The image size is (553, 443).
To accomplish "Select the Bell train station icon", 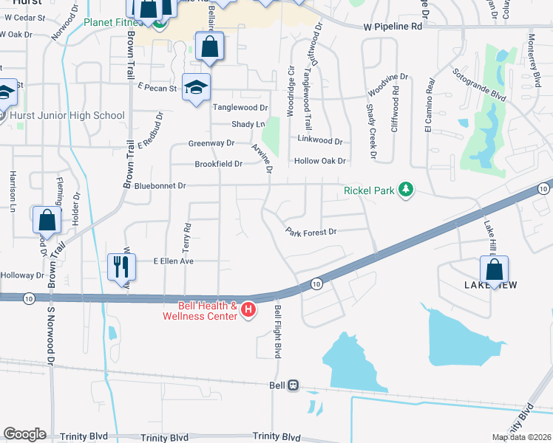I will pyautogui.click(x=294, y=385).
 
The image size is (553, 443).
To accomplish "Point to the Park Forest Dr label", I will pyautogui.click(x=311, y=232).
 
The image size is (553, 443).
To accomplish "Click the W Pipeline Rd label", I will pyautogui.click(x=392, y=27).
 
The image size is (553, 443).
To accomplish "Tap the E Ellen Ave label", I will pyautogui.click(x=173, y=261).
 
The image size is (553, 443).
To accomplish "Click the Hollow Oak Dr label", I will pyautogui.click(x=320, y=160).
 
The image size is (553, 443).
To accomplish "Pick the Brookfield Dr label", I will pyautogui.click(x=218, y=164).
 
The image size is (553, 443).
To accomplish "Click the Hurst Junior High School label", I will pyautogui.click(x=67, y=115).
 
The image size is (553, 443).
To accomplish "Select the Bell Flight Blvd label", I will pyautogui.click(x=279, y=332).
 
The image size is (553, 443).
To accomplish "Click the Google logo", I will pyautogui.click(x=24, y=433).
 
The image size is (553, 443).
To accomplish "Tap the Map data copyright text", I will pyautogui.click(x=520, y=437).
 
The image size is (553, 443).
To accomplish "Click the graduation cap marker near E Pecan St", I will pyautogui.click(x=197, y=88).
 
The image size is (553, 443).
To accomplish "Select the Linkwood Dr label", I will pyautogui.click(x=319, y=140).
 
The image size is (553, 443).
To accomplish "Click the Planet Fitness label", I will pyautogui.click(x=114, y=22).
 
